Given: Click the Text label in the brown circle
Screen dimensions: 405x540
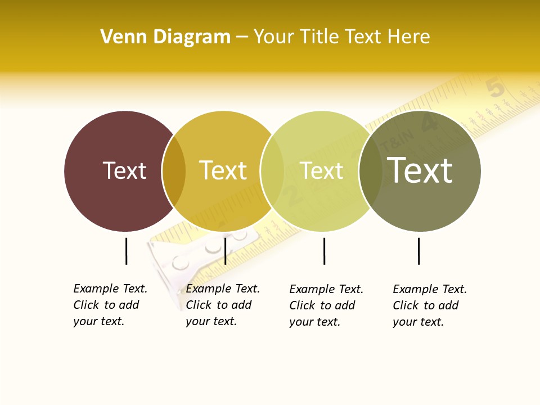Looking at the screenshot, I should pyautogui.click(x=124, y=170).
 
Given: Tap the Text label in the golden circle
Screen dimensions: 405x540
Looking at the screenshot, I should pyautogui.click(x=223, y=170).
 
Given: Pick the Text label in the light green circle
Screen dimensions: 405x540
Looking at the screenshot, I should pyautogui.click(x=321, y=170).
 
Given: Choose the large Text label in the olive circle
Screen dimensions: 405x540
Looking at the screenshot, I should pyautogui.click(x=420, y=170).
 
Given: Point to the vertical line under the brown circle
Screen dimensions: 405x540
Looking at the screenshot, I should pyautogui.click(x=127, y=251).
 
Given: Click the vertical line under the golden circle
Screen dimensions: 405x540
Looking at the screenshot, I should pyautogui.click(x=225, y=251).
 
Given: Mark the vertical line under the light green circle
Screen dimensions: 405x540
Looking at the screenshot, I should pyautogui.click(x=324, y=251).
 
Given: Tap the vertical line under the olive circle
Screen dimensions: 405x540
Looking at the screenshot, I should pyautogui.click(x=418, y=251).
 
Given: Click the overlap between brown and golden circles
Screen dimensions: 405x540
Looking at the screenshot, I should pyautogui.click(x=174, y=171).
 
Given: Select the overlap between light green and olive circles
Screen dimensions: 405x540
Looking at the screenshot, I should pyautogui.click(x=371, y=171).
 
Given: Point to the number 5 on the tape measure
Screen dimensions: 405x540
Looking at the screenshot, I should pyautogui.click(x=495, y=87).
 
